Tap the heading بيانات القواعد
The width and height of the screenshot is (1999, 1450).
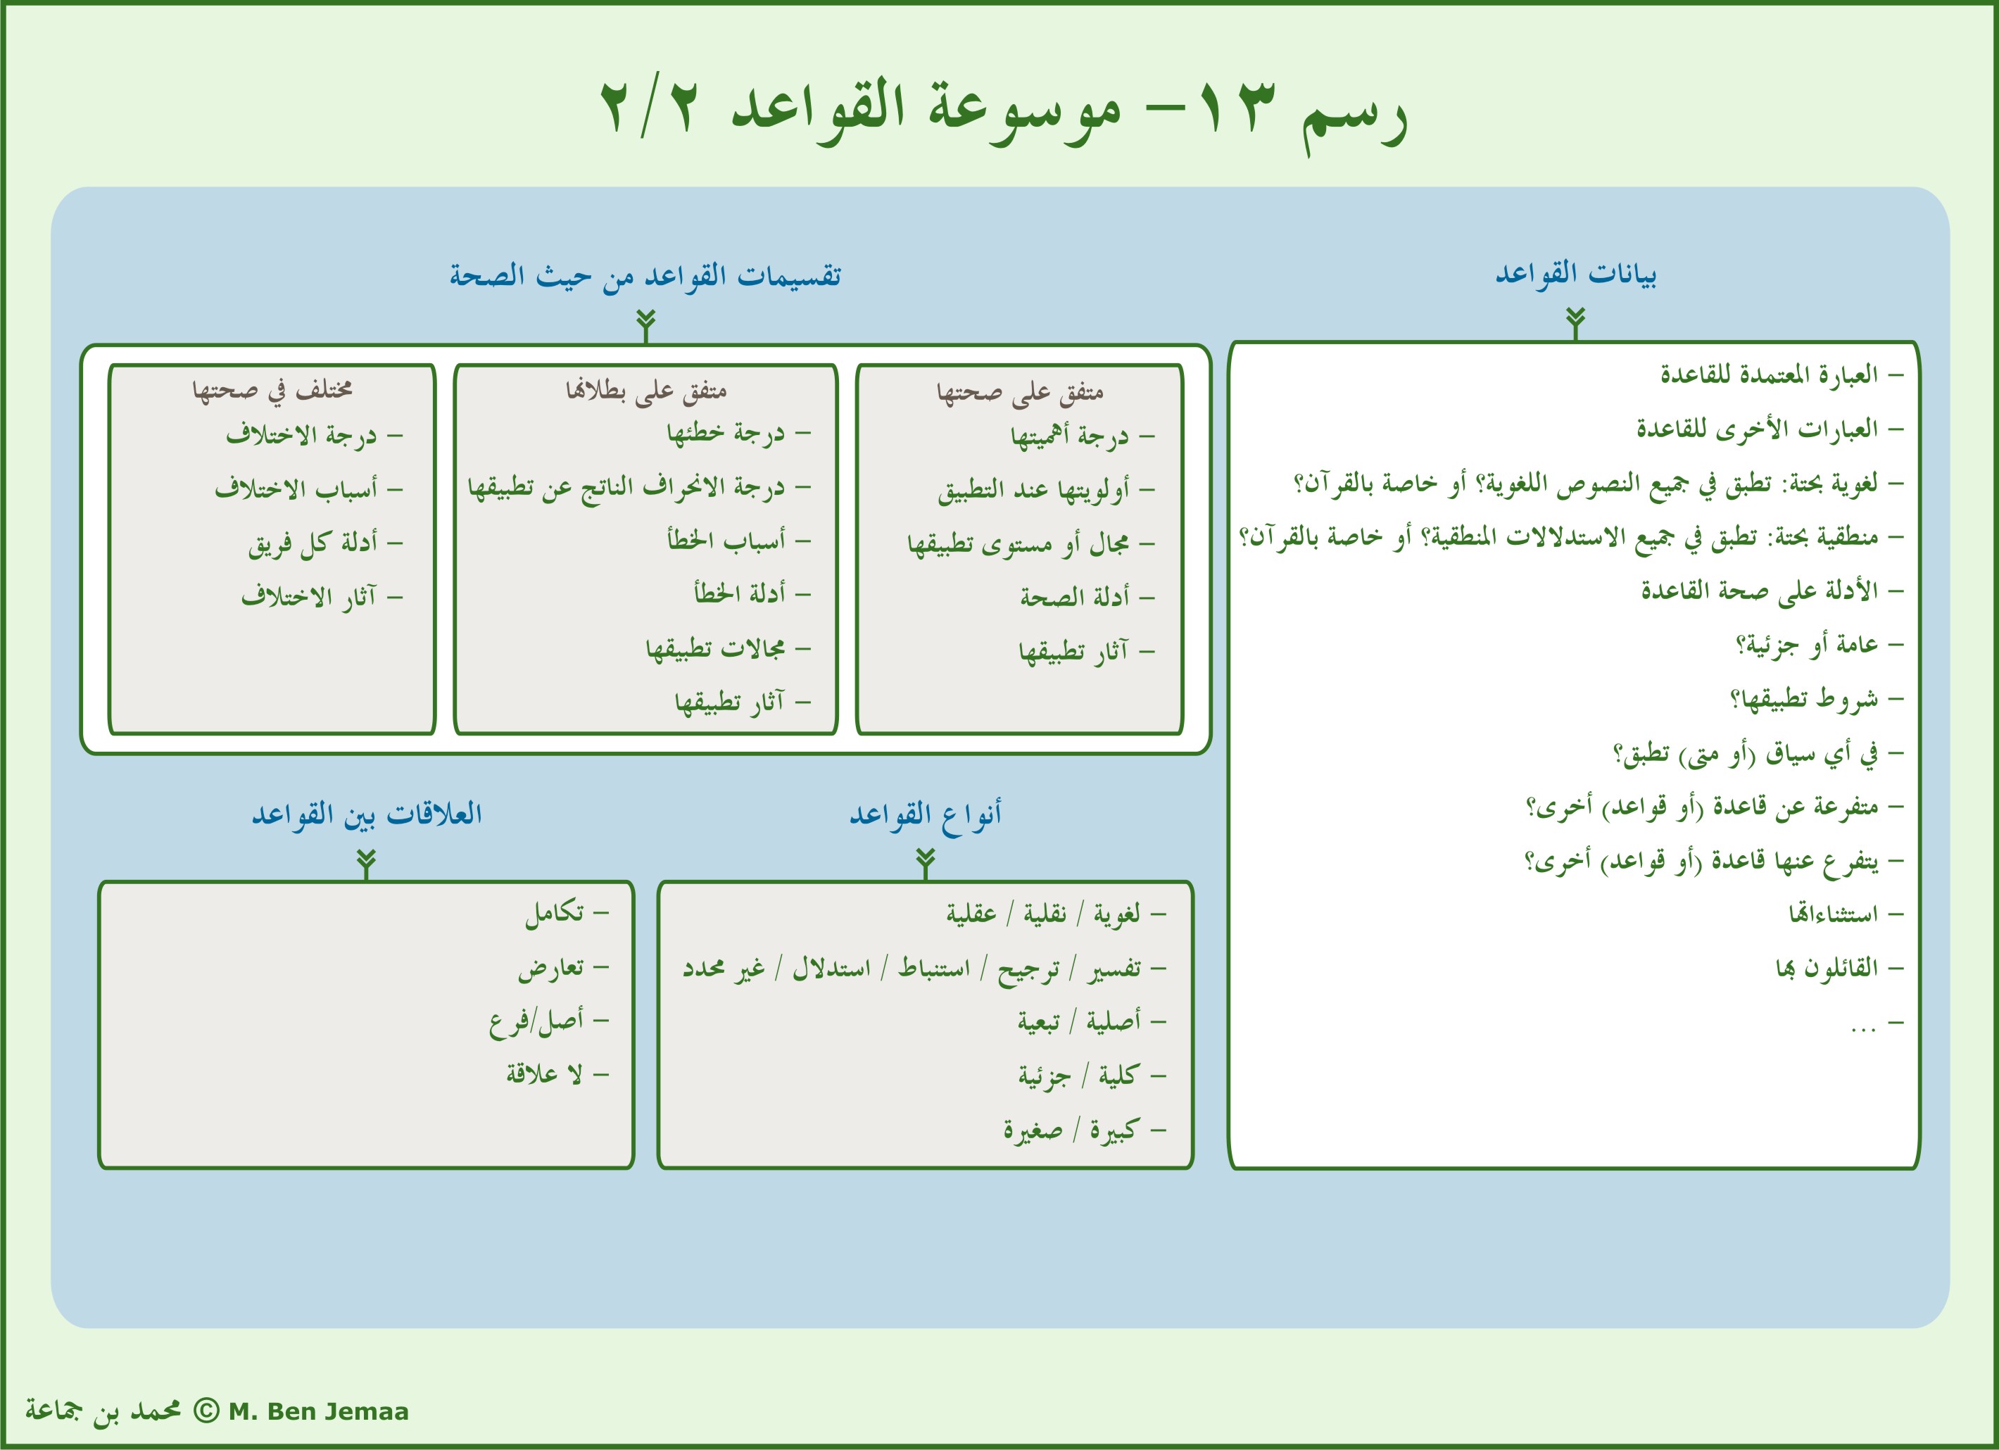[1575, 274]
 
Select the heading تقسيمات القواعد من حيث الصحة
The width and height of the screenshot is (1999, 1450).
[645, 276]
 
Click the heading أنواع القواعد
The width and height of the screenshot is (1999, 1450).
[925, 814]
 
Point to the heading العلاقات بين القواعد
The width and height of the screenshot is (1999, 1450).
[367, 814]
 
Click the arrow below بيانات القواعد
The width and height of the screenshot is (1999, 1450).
[1576, 322]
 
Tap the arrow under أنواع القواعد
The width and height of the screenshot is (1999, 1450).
[925, 863]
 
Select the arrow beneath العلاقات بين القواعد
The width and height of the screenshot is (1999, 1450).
[367, 864]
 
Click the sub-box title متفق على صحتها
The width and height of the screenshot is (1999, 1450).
[1019, 391]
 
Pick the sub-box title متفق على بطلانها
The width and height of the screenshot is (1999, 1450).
[645, 391]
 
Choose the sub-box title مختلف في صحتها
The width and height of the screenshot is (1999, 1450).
[272, 391]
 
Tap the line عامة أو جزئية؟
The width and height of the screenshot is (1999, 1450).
[1806, 645]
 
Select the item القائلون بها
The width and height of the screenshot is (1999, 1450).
[1827, 969]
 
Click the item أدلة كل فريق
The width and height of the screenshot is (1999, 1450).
[313, 543]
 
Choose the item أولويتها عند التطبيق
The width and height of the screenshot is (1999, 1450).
[1033, 490]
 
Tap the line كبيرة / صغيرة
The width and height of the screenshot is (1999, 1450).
[1071, 1130]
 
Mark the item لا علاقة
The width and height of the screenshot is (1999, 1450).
[544, 1075]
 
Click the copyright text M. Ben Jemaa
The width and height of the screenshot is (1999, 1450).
[318, 1411]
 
